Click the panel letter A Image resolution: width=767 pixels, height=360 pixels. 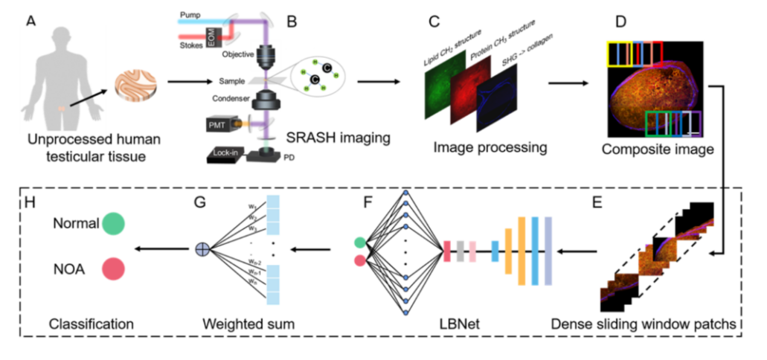pyautogui.click(x=31, y=22)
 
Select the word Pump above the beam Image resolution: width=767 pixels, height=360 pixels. pyautogui.click(x=191, y=14)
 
